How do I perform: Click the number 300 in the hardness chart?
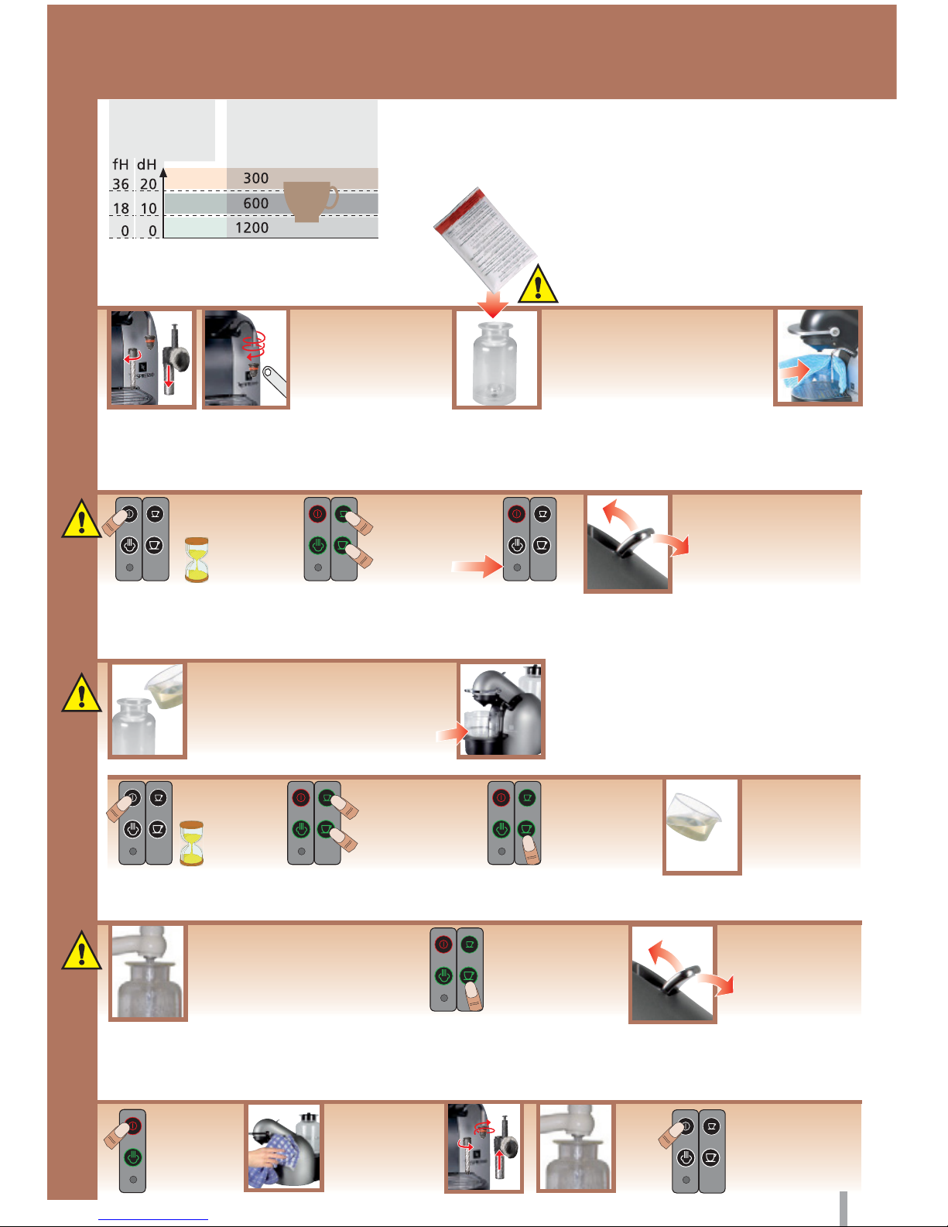click(256, 178)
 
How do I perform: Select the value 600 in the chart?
click(256, 203)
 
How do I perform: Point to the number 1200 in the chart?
click(252, 228)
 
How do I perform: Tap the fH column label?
click(121, 164)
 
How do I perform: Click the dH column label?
click(147, 164)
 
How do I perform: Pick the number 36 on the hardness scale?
click(121, 184)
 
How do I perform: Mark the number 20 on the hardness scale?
click(149, 184)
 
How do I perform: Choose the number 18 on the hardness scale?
click(121, 208)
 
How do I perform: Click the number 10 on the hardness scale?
click(149, 208)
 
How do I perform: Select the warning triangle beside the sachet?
click(538, 283)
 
